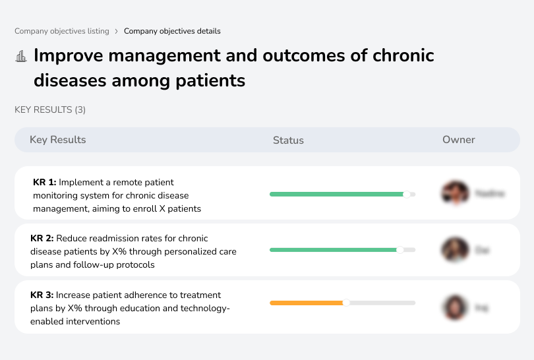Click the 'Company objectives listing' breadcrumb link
coord(62,31)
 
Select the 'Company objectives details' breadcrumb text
coord(172,31)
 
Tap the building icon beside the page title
coord(21,56)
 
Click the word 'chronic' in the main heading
coord(403,55)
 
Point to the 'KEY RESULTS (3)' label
coord(50,109)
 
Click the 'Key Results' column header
coord(57,140)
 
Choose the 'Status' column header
coord(288,140)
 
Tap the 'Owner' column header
coord(458,140)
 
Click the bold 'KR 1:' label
coord(45,182)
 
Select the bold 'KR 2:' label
coord(43,239)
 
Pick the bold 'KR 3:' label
coord(43,295)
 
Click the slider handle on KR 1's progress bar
coord(407,194)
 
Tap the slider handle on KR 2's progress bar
coord(400,251)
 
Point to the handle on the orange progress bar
coord(346,303)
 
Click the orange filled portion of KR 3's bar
coord(307,303)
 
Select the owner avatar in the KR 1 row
coord(454,193)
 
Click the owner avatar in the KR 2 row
coord(454,250)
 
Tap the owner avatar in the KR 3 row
coord(454,307)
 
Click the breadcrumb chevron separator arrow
coord(117,31)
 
